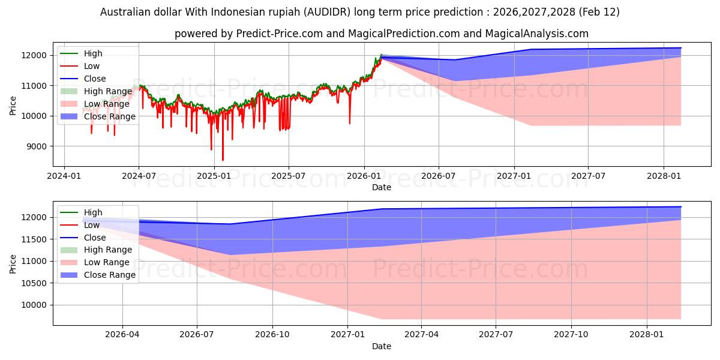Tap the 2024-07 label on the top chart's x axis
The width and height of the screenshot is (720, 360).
(139, 176)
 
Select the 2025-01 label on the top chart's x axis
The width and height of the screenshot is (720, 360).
(214, 176)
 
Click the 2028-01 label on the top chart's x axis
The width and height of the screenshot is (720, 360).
(664, 176)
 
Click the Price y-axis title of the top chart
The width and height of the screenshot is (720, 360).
(13, 106)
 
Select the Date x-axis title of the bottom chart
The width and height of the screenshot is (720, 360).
(382, 346)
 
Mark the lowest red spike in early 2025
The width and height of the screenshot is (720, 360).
(223, 160)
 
